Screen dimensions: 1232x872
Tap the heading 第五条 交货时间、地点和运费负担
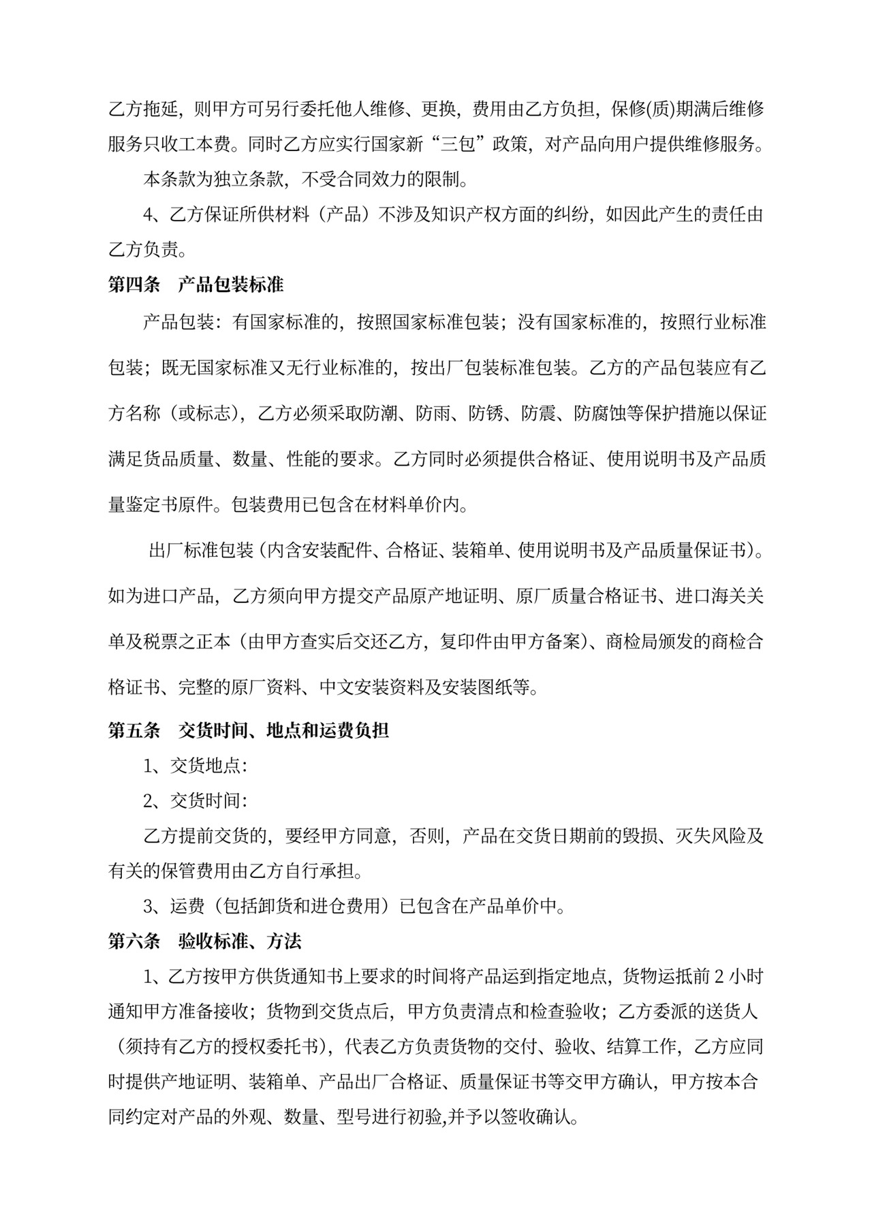[x=249, y=730]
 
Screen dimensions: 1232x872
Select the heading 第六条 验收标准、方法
[x=204, y=941]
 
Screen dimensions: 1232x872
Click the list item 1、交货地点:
[x=195, y=766]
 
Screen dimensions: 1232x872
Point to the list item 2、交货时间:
[x=195, y=800]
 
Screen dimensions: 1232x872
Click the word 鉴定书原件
[x=170, y=505]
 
